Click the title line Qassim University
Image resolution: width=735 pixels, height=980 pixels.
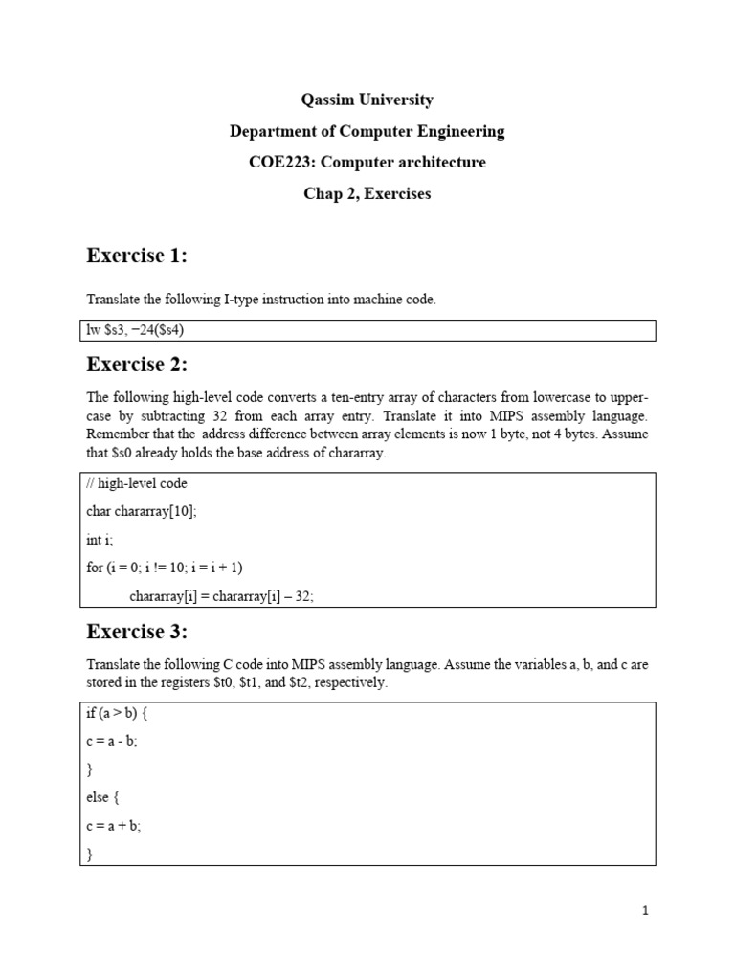click(x=367, y=100)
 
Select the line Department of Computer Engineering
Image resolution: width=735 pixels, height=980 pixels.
click(x=367, y=131)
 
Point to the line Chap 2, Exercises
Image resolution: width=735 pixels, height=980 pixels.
click(x=367, y=193)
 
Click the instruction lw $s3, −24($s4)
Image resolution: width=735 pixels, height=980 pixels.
click(x=144, y=330)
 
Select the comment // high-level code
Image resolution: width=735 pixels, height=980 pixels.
click(x=137, y=483)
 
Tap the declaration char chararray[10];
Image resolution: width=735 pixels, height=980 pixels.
click(x=141, y=512)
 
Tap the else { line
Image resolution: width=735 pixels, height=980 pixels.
click(x=102, y=797)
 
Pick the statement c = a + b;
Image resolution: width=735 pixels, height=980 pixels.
click(x=113, y=826)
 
